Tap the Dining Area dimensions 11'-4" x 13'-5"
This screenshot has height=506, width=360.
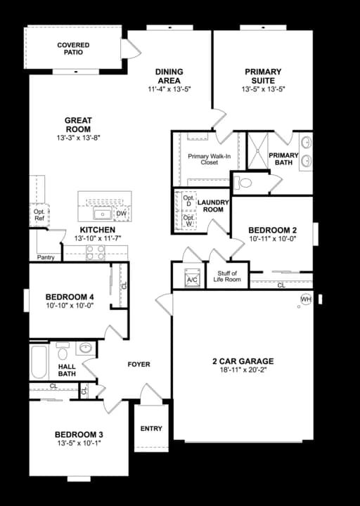[x=169, y=89]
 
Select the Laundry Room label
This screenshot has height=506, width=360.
[x=210, y=205]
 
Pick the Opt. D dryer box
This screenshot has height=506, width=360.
[x=188, y=201]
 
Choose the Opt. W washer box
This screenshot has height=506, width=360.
[x=188, y=221]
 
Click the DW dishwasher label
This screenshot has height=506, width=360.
[x=121, y=213]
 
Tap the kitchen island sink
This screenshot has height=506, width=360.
[x=103, y=213]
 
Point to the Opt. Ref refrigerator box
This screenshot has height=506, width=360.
[x=38, y=214]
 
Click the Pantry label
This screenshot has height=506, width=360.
[x=46, y=257]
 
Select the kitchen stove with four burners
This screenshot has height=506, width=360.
[x=96, y=252]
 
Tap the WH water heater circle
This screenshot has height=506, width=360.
[x=305, y=299]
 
